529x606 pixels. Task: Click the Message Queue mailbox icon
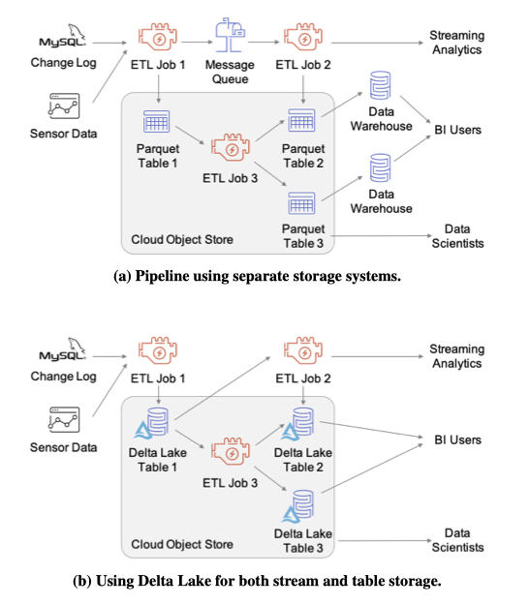(230, 35)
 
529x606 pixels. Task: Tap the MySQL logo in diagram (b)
(63, 349)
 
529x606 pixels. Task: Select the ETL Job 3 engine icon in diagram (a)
(231, 147)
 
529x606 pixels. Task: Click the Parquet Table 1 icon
(157, 121)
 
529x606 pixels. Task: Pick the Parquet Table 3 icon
(301, 203)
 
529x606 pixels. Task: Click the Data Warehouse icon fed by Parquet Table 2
(380, 86)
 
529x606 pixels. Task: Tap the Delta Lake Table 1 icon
(151, 423)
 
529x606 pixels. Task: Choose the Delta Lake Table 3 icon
(297, 506)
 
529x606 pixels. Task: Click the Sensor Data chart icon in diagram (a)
(64, 106)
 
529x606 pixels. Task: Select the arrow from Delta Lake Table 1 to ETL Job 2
(222, 388)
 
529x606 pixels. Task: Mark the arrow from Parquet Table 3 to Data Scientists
(382, 235)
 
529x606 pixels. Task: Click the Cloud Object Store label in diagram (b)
(182, 545)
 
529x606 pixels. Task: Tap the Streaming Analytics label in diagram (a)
(457, 43)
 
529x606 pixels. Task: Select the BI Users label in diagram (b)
(458, 439)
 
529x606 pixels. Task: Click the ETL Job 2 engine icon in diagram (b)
(303, 351)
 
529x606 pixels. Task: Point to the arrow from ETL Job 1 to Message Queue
(198, 42)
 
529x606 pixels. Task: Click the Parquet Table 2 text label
(303, 156)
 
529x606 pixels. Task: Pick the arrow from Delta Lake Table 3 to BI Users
(372, 469)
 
